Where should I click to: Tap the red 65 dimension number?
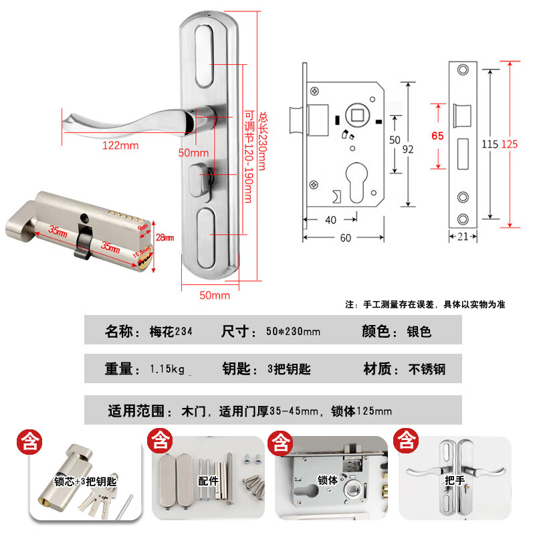pos(438,136)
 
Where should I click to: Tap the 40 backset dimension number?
pos(330,219)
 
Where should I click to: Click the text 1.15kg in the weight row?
pos(167,368)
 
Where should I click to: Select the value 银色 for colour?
pos(419,331)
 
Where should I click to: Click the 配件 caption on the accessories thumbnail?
pos(209,481)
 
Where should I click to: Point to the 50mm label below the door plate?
pos(215,295)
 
